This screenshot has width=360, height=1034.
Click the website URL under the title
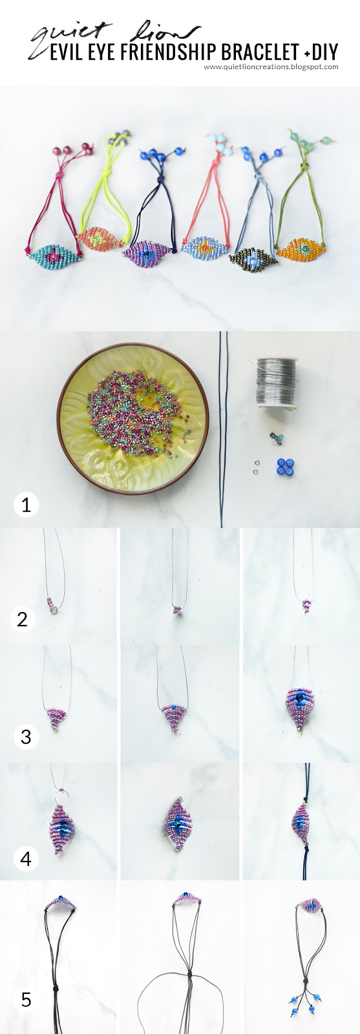click(271, 67)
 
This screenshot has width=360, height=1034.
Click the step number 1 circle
click(26, 504)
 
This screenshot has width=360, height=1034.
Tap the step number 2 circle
click(22, 619)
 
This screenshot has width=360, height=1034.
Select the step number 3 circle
click(26, 736)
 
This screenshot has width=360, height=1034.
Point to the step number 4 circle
click(26, 858)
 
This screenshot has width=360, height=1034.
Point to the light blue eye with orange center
click(205, 246)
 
